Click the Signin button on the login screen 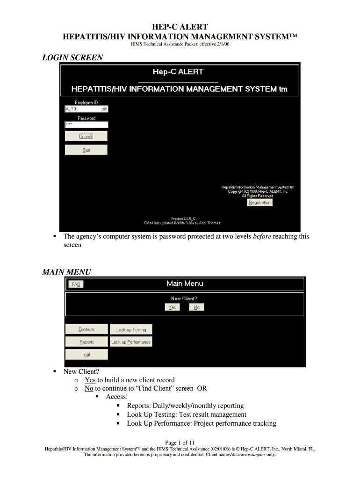[x=86, y=136]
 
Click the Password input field [x=86, y=125]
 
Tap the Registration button [x=259, y=203]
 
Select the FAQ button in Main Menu [x=76, y=284]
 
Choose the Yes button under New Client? [x=172, y=307]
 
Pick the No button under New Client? [x=197, y=307]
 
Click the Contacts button [x=86, y=329]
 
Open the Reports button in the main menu [x=86, y=342]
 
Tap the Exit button [x=86, y=355]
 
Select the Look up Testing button [x=131, y=329]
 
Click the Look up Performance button [x=131, y=342]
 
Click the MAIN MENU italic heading [x=66, y=272]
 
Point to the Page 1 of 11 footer [x=180, y=443]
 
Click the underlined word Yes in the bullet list [x=90, y=380]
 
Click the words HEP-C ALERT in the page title [x=180, y=27]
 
